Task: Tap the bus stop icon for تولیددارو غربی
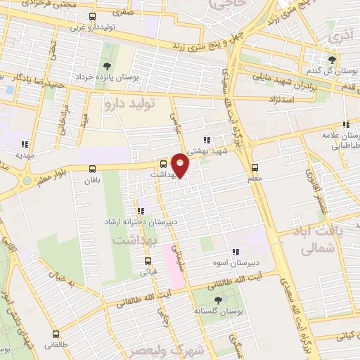tap(93, 16)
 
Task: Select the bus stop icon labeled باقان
tap(93, 169)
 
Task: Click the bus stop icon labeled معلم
tap(255, 168)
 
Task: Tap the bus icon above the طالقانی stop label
tap(56, 334)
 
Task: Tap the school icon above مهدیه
tap(25, 141)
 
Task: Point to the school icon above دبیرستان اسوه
tap(235, 252)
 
